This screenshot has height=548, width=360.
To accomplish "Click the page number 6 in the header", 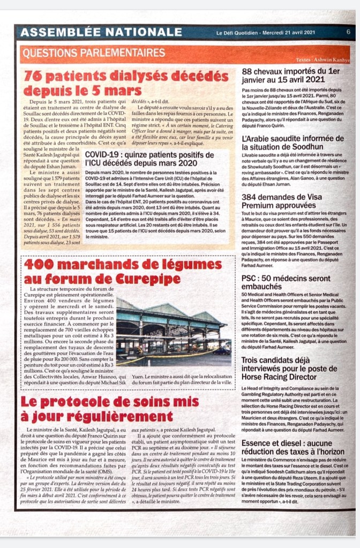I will pos(348,32).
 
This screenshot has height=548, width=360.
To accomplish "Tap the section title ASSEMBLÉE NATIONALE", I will pos(101,32).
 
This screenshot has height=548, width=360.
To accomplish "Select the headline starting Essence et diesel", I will pos(292,447).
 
